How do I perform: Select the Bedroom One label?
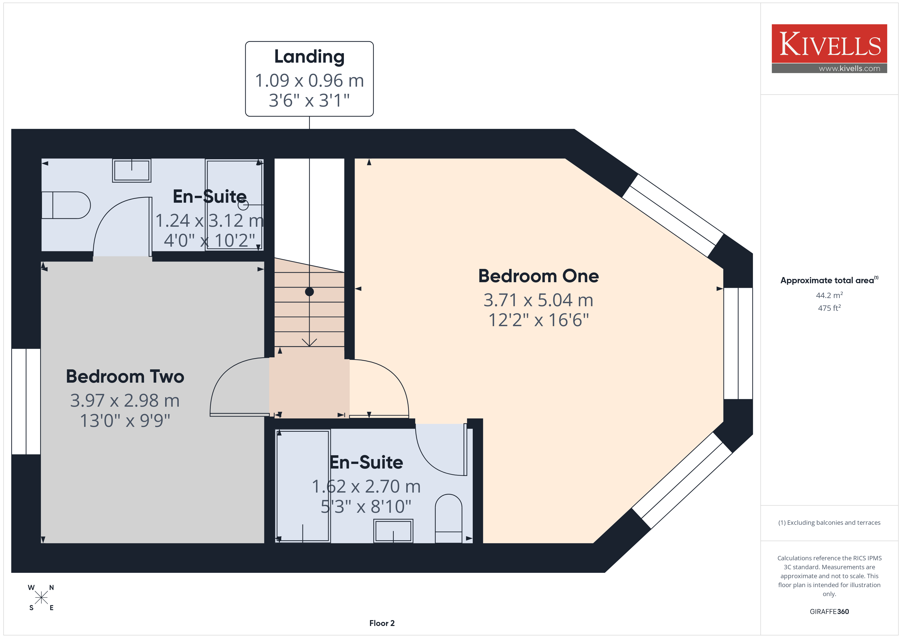click(538, 276)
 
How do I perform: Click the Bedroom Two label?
click(125, 376)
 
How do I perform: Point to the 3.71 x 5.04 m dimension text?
click(538, 300)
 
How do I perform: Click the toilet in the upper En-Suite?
click(66, 205)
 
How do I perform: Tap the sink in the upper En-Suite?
click(132, 170)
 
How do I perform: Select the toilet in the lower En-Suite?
click(449, 519)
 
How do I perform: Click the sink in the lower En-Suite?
click(393, 531)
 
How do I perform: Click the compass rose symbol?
click(41, 598)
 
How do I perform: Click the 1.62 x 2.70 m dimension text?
click(366, 486)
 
